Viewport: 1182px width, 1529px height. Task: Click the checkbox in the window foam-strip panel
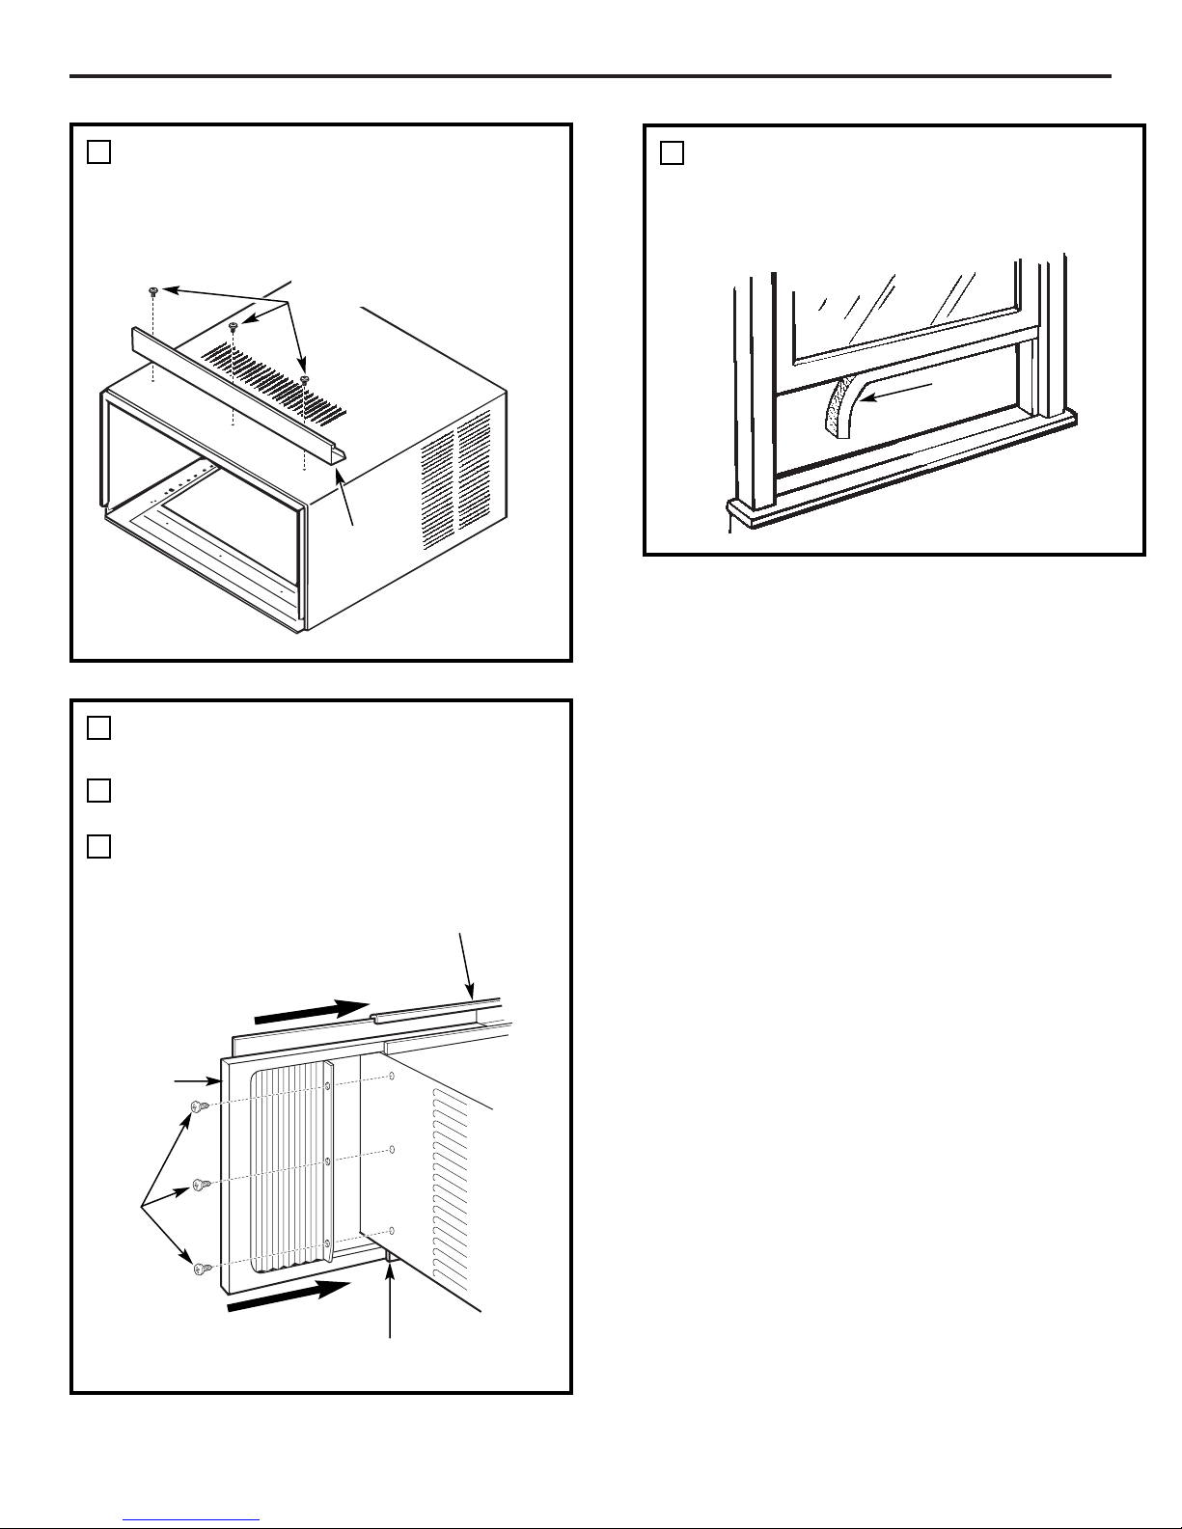coord(673,153)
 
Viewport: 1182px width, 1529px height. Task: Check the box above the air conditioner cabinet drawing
coord(98,152)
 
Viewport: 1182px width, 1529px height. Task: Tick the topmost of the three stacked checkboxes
coord(98,728)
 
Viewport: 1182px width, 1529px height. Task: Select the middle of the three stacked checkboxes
coord(98,791)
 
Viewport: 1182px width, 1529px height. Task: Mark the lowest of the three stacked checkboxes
coord(98,846)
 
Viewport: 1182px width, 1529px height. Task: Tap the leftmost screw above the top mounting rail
coord(154,289)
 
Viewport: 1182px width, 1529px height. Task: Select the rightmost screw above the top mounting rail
coord(305,380)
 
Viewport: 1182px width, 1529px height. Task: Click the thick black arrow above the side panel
coord(311,1012)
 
